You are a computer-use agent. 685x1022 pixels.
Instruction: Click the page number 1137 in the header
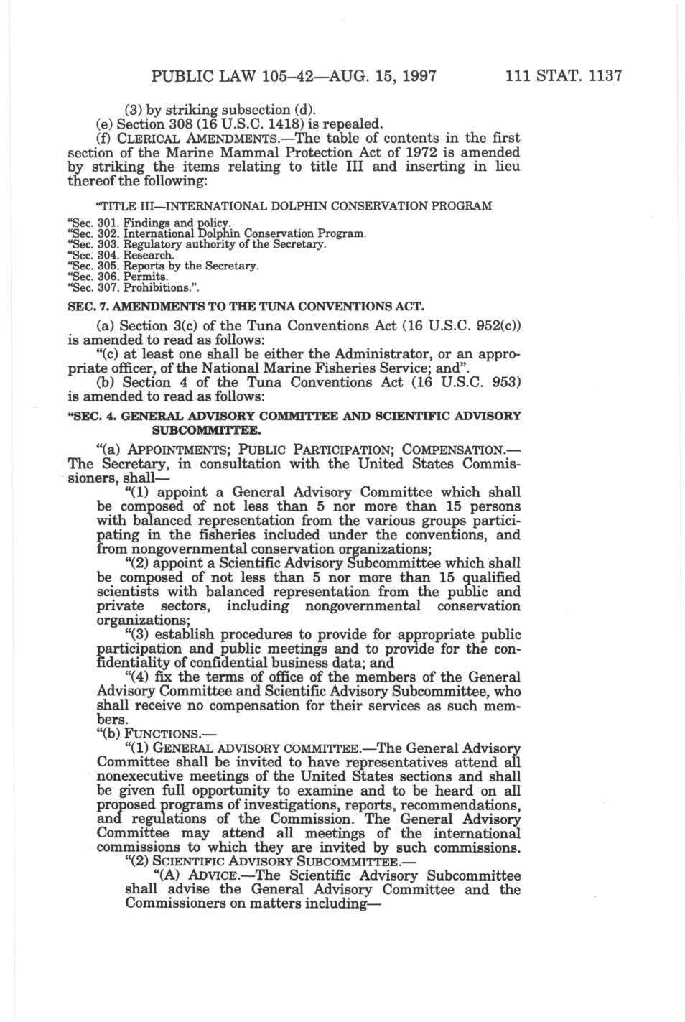[x=600, y=75]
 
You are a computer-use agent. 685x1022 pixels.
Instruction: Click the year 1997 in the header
[x=412, y=75]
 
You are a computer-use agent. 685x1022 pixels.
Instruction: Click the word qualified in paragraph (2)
[x=485, y=577]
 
